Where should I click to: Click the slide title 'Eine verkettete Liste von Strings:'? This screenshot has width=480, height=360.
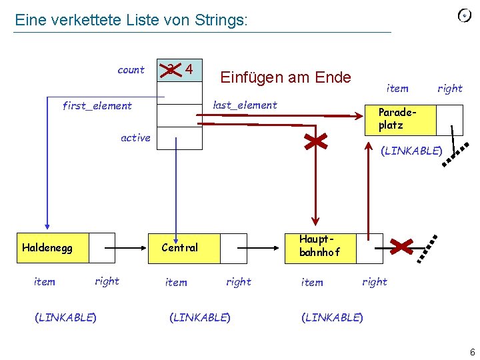coord(131,20)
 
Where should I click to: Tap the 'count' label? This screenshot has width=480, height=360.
coord(131,70)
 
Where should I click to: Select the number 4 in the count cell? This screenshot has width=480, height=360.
coord(189,69)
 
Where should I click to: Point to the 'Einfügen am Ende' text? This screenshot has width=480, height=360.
coord(285,77)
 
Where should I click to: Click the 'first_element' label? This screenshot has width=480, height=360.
coord(97,105)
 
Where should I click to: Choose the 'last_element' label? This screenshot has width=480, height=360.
coord(244,105)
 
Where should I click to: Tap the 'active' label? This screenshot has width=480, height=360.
coord(135,138)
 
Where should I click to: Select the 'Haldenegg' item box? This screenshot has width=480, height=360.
coord(47,248)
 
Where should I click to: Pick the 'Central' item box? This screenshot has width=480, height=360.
coord(180,248)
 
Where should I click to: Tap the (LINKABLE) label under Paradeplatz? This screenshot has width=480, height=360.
coord(411,151)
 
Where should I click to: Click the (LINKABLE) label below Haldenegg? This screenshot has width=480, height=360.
coord(65,317)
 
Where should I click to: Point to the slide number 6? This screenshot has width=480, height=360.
coord(471,352)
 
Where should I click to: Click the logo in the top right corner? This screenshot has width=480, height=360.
coord(464,15)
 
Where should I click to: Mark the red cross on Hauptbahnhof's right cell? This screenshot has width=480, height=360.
coord(403,247)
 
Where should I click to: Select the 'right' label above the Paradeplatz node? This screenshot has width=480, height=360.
coord(449,89)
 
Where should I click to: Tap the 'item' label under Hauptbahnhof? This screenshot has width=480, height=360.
coord(312,282)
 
